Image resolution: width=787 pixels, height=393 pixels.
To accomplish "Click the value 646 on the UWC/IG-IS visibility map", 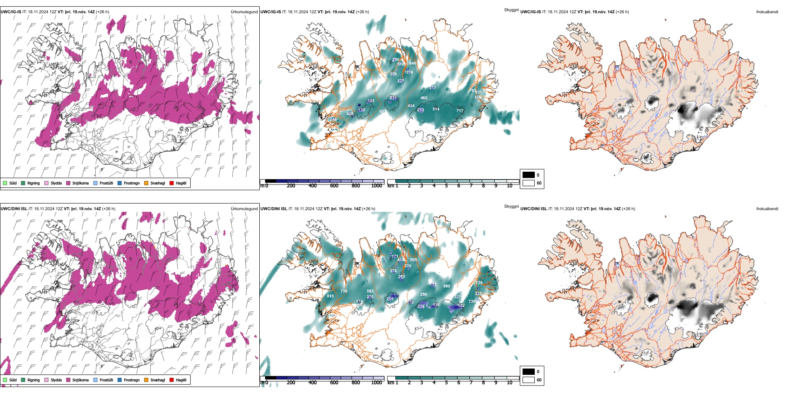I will pyautogui.click(x=413, y=63).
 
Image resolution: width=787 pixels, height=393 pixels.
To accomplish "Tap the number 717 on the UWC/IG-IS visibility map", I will pyautogui.click(x=460, y=110).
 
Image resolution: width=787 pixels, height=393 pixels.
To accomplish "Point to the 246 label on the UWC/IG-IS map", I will pyautogui.click(x=333, y=120).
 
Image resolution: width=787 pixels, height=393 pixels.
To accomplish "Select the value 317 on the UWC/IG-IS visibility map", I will pyautogui.click(x=432, y=88).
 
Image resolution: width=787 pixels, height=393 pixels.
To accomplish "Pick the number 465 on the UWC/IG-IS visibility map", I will pyautogui.click(x=424, y=98).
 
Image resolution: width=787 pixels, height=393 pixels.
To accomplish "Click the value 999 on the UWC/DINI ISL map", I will pyautogui.click(x=447, y=286).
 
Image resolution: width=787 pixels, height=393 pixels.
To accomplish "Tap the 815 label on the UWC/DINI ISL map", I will pyautogui.click(x=330, y=296).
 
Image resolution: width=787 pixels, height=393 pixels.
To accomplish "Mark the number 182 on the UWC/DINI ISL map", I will pyautogui.click(x=461, y=306).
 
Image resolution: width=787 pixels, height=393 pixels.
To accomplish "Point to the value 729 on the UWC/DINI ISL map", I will pyautogui.click(x=479, y=283).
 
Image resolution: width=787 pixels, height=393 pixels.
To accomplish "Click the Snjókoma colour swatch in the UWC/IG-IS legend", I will pyautogui.click(x=68, y=183).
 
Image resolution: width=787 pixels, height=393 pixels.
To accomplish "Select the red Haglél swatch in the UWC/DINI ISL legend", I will pyautogui.click(x=171, y=380).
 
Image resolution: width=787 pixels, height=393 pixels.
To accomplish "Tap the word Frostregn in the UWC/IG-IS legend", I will pyautogui.click(x=131, y=183).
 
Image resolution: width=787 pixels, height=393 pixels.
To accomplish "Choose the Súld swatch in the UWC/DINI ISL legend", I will pyautogui.click(x=5, y=380).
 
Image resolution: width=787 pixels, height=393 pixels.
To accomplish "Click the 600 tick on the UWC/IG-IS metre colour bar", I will pyautogui.click(x=334, y=186).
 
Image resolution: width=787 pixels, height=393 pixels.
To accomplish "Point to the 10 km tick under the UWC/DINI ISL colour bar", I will pyautogui.click(x=509, y=383).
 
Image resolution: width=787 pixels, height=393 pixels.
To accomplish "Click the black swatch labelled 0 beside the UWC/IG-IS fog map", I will pyautogui.click(x=529, y=175).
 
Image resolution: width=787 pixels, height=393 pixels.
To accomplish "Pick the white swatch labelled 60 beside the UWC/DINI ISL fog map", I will pyautogui.click(x=529, y=380).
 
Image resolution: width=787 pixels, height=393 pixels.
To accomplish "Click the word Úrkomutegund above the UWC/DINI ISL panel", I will pyautogui.click(x=244, y=209).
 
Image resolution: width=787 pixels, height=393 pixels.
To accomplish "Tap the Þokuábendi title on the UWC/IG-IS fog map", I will pyautogui.click(x=767, y=12).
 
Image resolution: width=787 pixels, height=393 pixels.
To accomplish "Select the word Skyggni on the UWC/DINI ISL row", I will pyautogui.click(x=511, y=206).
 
